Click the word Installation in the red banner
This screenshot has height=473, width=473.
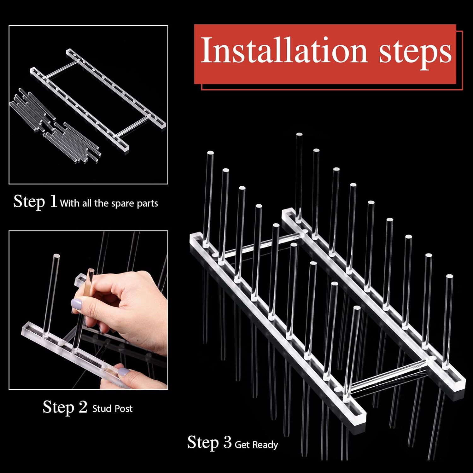click(x=284, y=50)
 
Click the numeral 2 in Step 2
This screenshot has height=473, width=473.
click(x=83, y=407)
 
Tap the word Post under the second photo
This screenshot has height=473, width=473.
click(x=122, y=409)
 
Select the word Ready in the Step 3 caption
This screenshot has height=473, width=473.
click(x=265, y=445)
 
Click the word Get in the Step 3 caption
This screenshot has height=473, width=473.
click(x=242, y=445)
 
